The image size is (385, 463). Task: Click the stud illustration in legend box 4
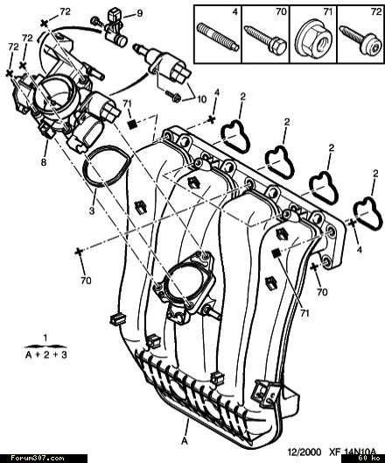[218, 37]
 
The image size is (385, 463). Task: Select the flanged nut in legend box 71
[314, 39]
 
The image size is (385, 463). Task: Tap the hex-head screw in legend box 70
[265, 39]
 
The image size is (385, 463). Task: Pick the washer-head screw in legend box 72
[360, 40]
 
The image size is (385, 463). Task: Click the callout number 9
[140, 13]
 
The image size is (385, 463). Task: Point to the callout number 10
[201, 99]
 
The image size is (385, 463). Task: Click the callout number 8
[44, 162]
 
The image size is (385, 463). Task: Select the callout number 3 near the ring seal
[92, 210]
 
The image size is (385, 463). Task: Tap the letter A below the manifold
[185, 441]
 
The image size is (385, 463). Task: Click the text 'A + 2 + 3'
[46, 354]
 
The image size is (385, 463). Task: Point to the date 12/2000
[304, 452]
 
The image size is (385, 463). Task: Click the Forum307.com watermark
[38, 459]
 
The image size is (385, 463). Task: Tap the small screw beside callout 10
[173, 96]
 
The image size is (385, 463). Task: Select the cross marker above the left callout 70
[79, 252]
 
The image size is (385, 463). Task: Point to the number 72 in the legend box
[376, 11]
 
